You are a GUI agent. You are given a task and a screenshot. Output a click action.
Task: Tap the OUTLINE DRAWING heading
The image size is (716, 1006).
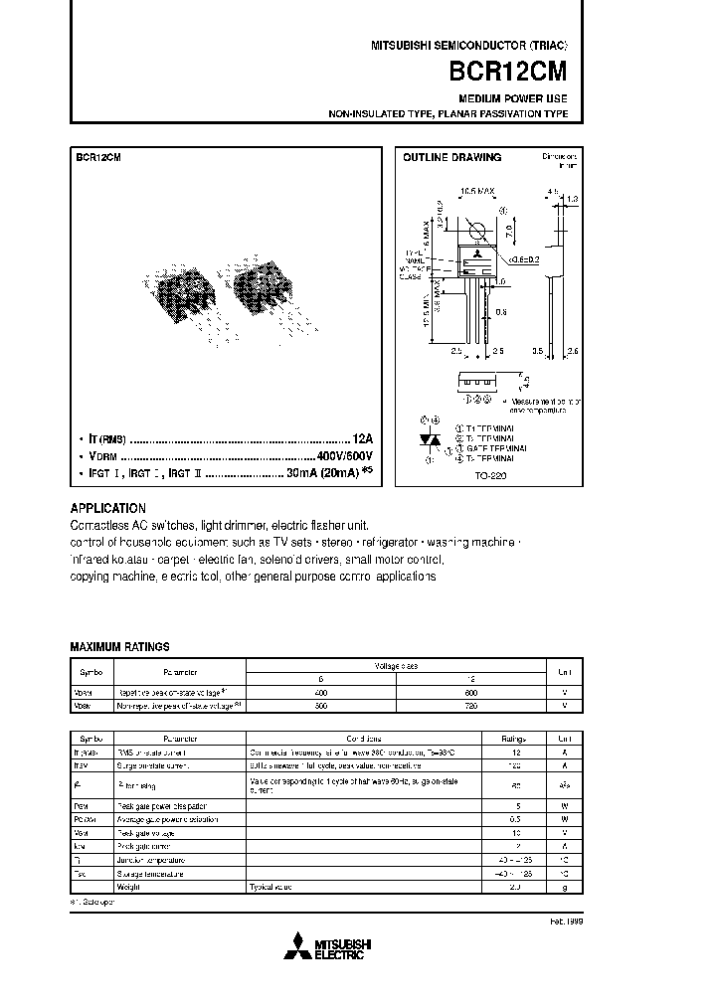click(451, 157)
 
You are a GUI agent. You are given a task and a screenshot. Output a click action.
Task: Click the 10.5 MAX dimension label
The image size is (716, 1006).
click(477, 190)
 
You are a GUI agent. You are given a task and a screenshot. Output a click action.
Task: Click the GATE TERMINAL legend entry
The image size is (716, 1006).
click(487, 448)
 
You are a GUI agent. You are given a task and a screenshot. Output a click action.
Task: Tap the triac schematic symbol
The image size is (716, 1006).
click(429, 438)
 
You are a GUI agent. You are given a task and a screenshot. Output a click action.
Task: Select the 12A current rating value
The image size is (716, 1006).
click(362, 436)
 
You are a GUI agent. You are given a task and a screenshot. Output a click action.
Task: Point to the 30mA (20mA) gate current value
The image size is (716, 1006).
click(312, 473)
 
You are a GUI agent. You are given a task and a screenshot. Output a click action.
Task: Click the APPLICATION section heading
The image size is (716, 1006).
click(108, 508)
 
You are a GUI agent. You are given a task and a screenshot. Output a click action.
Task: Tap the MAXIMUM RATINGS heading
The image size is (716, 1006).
click(119, 646)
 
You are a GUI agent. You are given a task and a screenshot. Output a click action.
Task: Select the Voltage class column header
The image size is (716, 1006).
click(396, 665)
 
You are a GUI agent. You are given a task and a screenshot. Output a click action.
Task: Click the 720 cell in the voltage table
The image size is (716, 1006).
click(470, 706)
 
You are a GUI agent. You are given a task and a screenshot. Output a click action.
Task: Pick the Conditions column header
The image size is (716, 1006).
click(363, 740)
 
